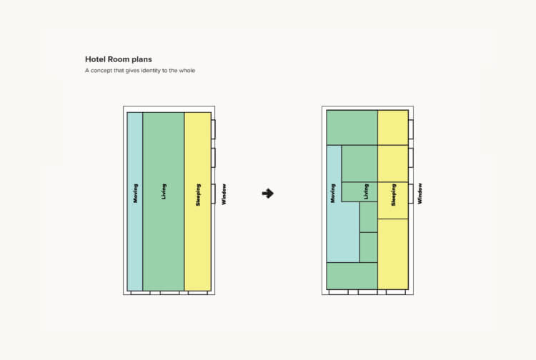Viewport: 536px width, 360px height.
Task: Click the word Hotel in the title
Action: pos(95,59)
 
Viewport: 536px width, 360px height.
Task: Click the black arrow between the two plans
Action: pos(268,194)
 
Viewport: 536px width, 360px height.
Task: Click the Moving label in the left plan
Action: pos(135,194)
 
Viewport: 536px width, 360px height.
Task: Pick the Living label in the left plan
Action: pos(164,191)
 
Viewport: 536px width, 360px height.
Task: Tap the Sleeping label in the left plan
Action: pos(198,195)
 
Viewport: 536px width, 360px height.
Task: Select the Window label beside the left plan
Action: pos(224,194)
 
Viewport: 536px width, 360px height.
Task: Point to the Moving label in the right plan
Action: pos(333,194)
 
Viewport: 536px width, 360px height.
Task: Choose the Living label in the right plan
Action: pos(366,191)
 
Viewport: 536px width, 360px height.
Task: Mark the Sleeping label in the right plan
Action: pos(393,195)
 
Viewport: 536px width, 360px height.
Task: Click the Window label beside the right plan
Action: pos(420,194)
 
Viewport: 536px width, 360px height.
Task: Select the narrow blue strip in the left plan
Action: pos(135,201)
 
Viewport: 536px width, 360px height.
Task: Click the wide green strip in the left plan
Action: pos(164,201)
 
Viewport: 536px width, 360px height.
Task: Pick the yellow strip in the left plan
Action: pos(198,201)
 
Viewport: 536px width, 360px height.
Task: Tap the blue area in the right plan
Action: pos(343,232)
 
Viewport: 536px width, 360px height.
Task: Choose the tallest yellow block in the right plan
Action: pos(393,254)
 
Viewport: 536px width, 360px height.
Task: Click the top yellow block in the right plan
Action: pos(393,127)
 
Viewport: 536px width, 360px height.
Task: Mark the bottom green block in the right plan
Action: pos(352,276)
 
